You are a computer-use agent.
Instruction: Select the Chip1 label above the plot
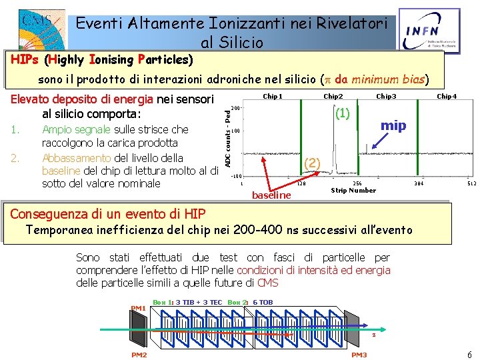tap(273, 97)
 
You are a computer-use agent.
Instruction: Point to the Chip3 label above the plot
tap(386, 97)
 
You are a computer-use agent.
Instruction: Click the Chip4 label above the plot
tap(446, 97)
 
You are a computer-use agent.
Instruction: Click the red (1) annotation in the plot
tap(343, 113)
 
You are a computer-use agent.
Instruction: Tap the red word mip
tap(393, 125)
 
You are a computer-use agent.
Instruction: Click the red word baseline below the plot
tap(271, 195)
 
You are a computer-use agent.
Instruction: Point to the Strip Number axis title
tap(353, 191)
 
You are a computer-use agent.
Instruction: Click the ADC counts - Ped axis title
tap(227, 138)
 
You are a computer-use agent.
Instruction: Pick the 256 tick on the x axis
tap(357, 183)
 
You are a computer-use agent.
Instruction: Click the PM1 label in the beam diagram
tap(138, 308)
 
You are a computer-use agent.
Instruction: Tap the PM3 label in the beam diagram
tap(359, 355)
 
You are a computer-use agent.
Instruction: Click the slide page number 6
tap(469, 355)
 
